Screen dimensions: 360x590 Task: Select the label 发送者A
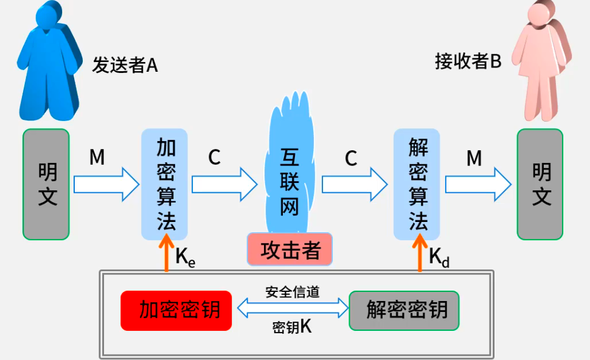tap(125, 65)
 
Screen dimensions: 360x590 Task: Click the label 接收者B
tap(468, 61)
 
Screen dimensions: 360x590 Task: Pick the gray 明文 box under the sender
tap(46, 184)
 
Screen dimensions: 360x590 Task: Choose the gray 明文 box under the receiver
tap(540, 184)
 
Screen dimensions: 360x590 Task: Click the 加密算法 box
tap(164, 184)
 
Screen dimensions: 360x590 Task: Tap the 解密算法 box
tap(417, 184)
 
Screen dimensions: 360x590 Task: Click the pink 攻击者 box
tap(290, 249)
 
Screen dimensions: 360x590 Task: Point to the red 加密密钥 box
tap(176, 310)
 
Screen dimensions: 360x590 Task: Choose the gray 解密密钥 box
tap(404, 310)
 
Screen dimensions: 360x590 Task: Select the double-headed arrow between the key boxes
tap(290, 310)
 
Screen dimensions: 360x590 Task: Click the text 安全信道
tap(292, 292)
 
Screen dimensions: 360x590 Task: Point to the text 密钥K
tap(292, 327)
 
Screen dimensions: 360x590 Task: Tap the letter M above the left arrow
tap(97, 158)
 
